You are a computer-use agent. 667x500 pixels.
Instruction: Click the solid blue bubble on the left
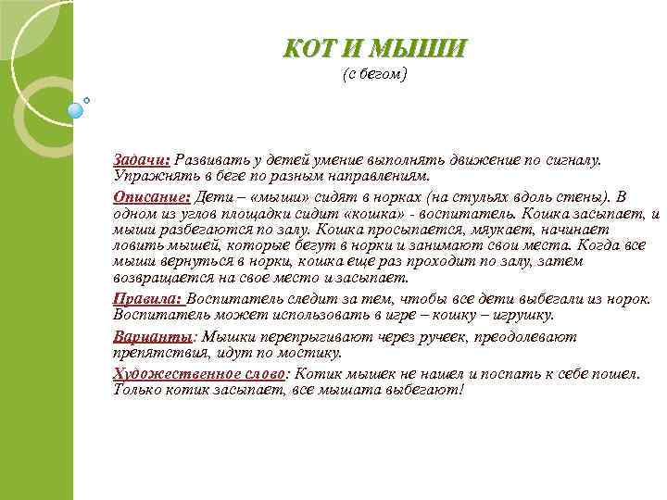(76, 110)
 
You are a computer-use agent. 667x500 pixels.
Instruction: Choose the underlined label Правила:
(148, 299)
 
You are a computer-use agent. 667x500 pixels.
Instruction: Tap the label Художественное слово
(200, 374)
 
